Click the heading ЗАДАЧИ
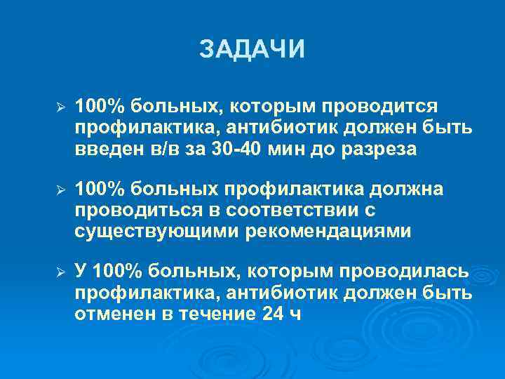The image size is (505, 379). [252, 50]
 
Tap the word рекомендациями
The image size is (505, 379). [328, 232]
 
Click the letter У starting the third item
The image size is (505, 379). [81, 272]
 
